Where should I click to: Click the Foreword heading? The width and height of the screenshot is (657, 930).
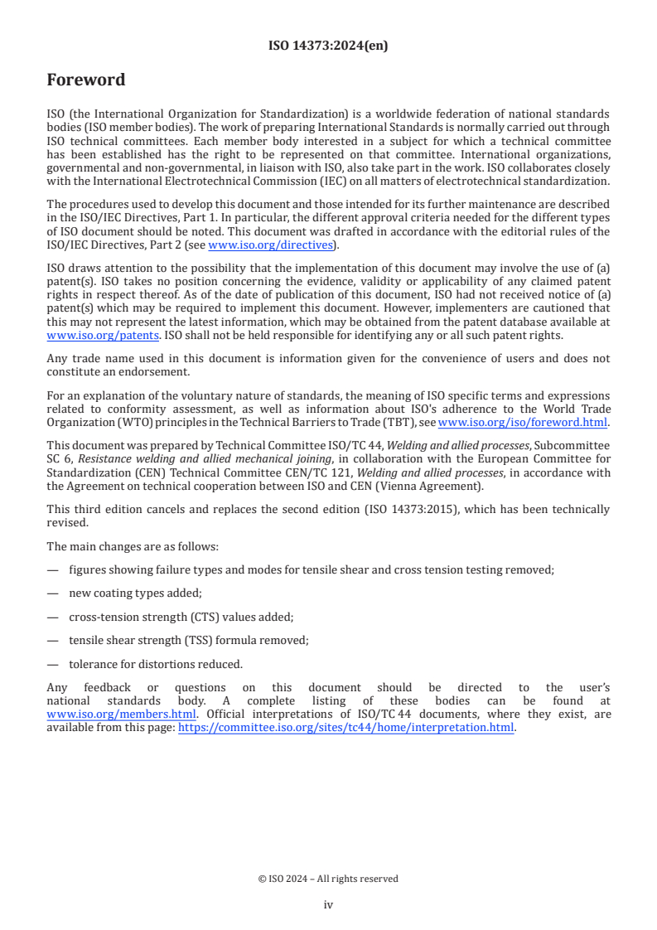[86, 80]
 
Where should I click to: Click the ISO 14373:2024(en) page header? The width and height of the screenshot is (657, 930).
[328, 46]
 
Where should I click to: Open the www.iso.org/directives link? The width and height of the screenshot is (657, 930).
[270, 245]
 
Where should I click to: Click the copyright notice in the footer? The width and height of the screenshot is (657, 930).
[328, 879]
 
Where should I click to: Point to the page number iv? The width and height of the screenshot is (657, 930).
[328, 905]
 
